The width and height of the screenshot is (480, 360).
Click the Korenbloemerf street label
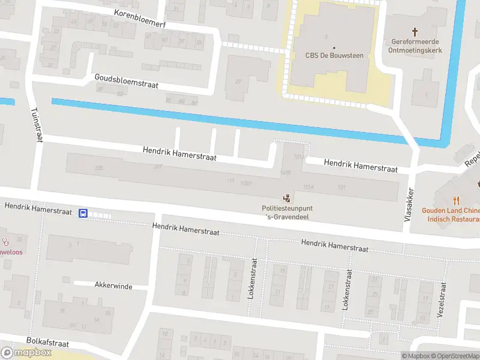click(139, 17)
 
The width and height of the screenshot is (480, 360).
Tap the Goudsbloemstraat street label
click(126, 81)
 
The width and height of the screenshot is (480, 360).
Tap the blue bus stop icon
click(83, 213)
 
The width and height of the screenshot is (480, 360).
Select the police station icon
click(287, 197)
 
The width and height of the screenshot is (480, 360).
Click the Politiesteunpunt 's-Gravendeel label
click(287, 212)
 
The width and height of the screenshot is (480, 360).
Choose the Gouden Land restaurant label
click(451, 214)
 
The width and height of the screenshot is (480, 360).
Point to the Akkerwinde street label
click(113, 286)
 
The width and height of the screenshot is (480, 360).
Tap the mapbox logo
click(26, 353)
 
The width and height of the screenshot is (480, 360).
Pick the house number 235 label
click(99, 168)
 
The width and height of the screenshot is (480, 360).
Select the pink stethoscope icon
click(7, 242)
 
